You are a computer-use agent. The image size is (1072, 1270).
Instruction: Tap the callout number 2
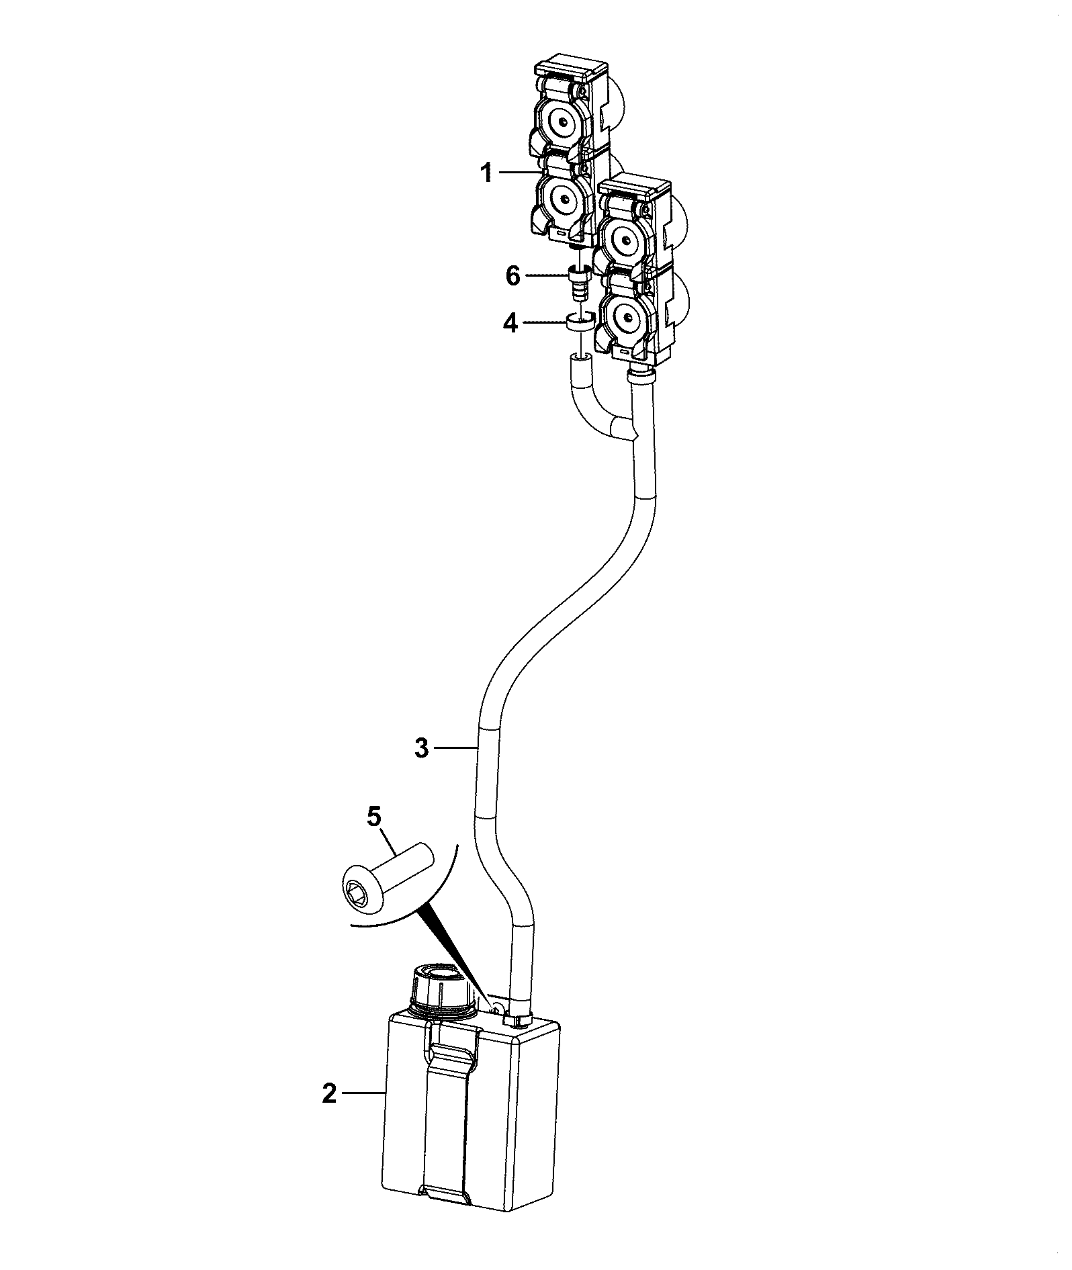click(329, 1094)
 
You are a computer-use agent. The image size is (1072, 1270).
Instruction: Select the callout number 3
click(421, 747)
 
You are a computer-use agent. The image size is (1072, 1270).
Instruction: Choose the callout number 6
click(513, 275)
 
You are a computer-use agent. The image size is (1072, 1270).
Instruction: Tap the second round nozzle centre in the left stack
click(561, 197)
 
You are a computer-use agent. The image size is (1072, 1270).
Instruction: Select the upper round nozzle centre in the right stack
click(625, 240)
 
